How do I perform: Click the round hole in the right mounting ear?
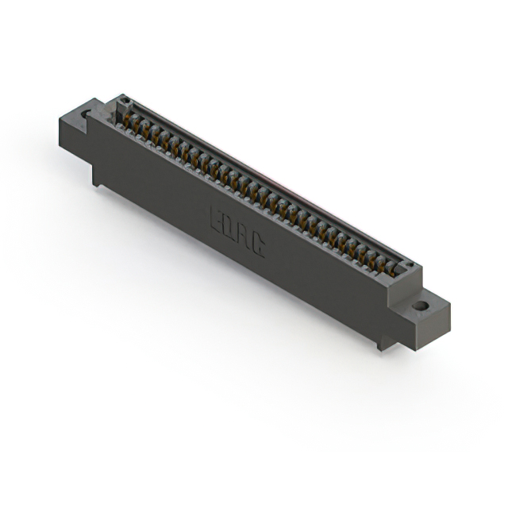point(419,305)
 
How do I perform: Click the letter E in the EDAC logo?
point(216,219)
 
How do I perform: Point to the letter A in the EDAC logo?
point(242,239)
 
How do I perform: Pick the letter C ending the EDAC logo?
point(256,248)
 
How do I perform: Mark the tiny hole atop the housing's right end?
point(408,264)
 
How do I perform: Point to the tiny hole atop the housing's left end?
point(124,100)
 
